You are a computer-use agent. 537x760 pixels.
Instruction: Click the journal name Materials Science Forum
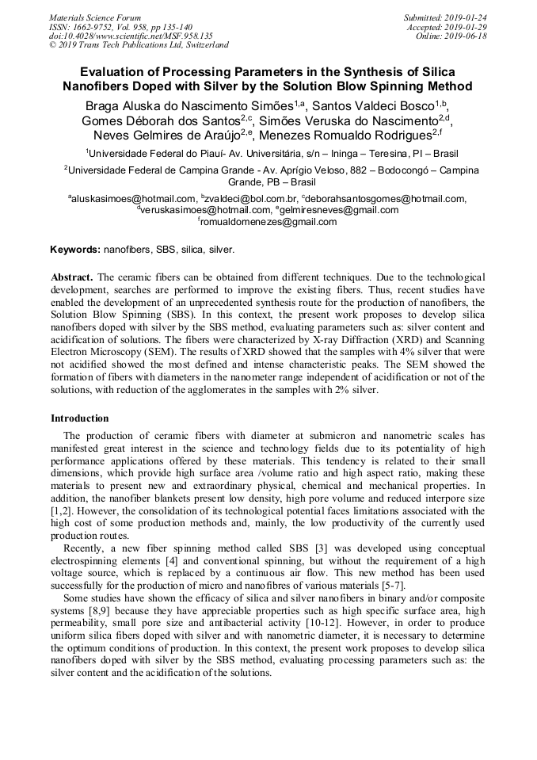[x=95, y=17]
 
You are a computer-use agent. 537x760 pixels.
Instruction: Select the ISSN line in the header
[x=120, y=27]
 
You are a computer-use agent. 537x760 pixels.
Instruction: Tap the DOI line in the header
[x=131, y=36]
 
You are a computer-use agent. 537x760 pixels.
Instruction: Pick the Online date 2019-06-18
[x=451, y=36]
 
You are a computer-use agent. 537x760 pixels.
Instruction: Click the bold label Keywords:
[x=75, y=250]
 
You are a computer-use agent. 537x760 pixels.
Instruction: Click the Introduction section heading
[x=80, y=418]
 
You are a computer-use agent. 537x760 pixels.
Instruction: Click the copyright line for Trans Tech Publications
[x=139, y=45]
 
